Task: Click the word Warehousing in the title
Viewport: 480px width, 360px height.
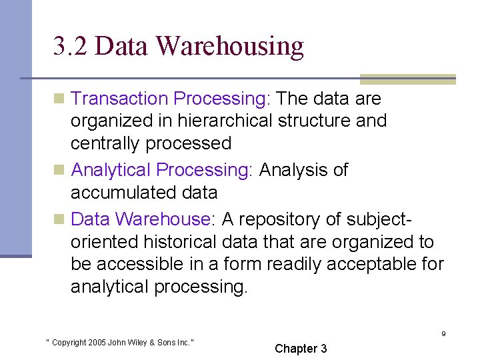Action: point(230,46)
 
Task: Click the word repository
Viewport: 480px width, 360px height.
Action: point(292,219)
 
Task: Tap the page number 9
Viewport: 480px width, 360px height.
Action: point(443,334)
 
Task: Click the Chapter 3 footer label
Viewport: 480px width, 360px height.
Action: point(301,349)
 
